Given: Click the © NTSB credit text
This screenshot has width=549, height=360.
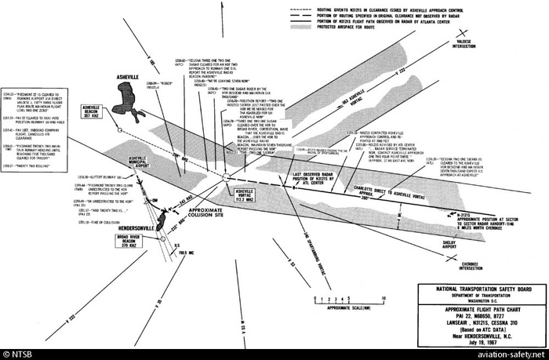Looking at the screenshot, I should [19, 354].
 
